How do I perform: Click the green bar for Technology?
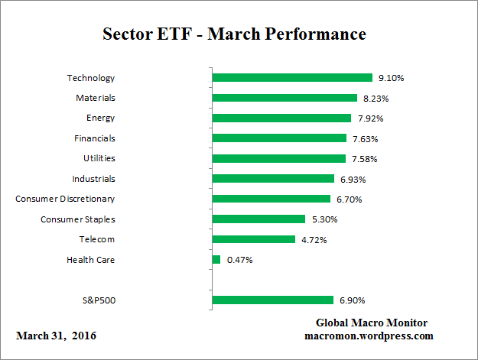pyautogui.click(x=291, y=78)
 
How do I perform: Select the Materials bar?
pyautogui.click(x=285, y=98)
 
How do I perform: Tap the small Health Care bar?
pyautogui.click(x=216, y=260)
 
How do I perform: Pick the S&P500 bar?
pyautogui.click(x=272, y=300)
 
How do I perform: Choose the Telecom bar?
pyautogui.click(x=253, y=239)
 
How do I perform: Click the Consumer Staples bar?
pyautogui.click(x=259, y=219)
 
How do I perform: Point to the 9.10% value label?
pyautogui.click(x=390, y=78)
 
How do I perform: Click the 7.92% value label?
pyautogui.click(x=369, y=118)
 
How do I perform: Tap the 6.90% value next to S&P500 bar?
pyautogui.click(x=351, y=300)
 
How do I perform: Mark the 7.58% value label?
pyautogui.click(x=364, y=159)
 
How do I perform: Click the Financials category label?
pyautogui.click(x=95, y=138)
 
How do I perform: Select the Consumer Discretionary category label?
pyautogui.click(x=65, y=199)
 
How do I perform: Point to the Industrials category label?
pyautogui.click(x=93, y=179)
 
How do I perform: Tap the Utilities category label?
pyautogui.click(x=99, y=158)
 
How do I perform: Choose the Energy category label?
pyautogui.click(x=100, y=118)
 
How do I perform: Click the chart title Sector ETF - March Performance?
pyautogui.click(x=234, y=35)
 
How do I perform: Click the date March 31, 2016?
pyautogui.click(x=56, y=336)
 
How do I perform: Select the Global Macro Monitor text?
pyautogui.click(x=372, y=323)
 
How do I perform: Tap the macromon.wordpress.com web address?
pyautogui.click(x=369, y=336)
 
